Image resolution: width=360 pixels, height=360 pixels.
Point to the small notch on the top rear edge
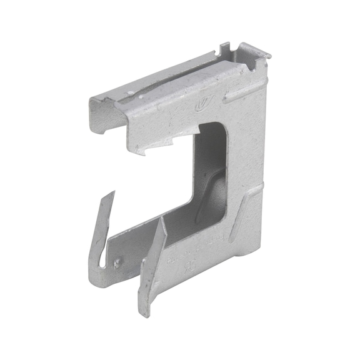226,47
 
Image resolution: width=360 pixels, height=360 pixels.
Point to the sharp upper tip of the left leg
113,193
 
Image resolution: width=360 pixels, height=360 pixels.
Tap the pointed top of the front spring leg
164,219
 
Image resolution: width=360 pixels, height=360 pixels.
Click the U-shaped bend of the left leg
100,275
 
